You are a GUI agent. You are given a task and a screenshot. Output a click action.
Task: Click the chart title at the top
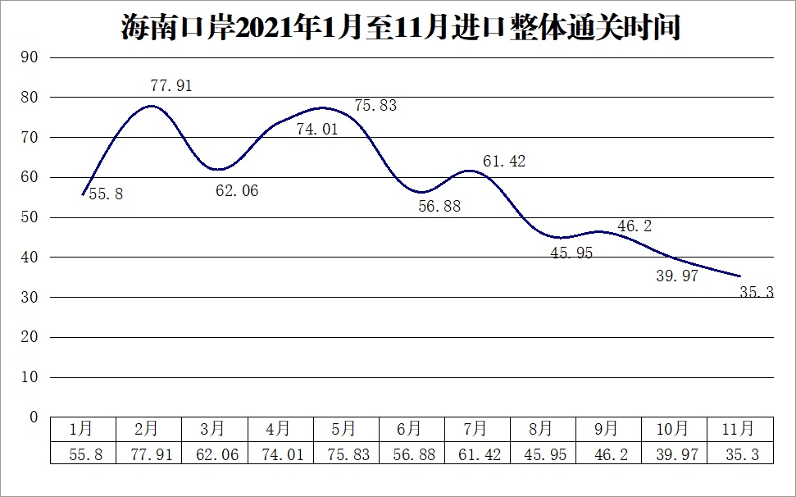401,28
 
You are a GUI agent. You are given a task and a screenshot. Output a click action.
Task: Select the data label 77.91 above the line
171,85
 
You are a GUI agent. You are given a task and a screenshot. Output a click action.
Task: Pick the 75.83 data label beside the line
375,106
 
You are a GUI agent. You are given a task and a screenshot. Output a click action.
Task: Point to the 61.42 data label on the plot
504,162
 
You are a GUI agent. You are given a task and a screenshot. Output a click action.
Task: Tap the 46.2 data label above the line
635,226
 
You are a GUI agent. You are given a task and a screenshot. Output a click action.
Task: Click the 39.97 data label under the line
677,276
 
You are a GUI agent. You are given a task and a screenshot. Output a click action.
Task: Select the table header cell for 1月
82,429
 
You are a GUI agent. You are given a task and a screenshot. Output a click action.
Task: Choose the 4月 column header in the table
279,429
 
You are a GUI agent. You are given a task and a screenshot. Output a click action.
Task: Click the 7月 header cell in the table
476,429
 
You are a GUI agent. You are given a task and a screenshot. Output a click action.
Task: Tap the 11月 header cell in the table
739,429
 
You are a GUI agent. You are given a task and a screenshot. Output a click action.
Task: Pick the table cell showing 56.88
411,454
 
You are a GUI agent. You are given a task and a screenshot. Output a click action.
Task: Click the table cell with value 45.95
542,454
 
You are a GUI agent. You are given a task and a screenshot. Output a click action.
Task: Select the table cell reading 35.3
739,454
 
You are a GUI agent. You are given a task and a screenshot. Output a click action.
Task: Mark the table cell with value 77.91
148,454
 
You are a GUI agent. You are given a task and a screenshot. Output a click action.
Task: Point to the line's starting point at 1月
82,194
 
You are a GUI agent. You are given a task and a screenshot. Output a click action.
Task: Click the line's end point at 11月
740,276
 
